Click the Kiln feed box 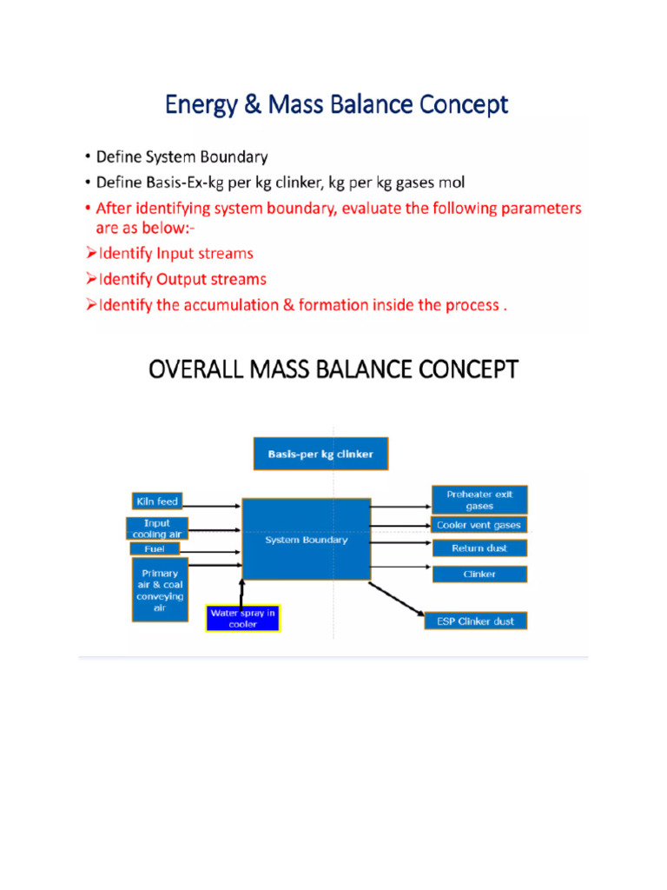pyautogui.click(x=155, y=501)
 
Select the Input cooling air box pyautogui.click(x=157, y=528)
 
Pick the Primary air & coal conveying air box pyautogui.click(x=158, y=590)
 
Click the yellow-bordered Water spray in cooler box pyautogui.click(x=243, y=618)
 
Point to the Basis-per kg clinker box pyautogui.click(x=320, y=454)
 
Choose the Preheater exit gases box pyautogui.click(x=479, y=500)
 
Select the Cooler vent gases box pyautogui.click(x=479, y=525)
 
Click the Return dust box pyautogui.click(x=479, y=548)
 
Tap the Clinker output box pyautogui.click(x=479, y=574)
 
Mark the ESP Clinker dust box pyautogui.click(x=475, y=621)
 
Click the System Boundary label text pyautogui.click(x=306, y=540)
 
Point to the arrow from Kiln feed pyautogui.click(x=211, y=502)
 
